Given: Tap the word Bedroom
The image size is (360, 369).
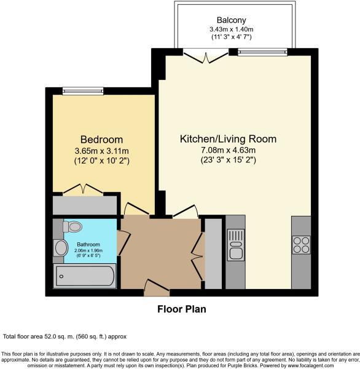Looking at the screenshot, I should [x=101, y=139].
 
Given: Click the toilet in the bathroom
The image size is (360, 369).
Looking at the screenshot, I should [x=72, y=226].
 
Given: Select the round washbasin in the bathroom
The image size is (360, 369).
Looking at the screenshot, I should [x=61, y=248].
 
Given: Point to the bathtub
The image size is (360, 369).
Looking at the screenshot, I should [x=84, y=276].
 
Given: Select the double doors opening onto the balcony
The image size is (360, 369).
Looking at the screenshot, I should [x=206, y=57].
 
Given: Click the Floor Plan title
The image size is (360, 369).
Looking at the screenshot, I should [x=181, y=309].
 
